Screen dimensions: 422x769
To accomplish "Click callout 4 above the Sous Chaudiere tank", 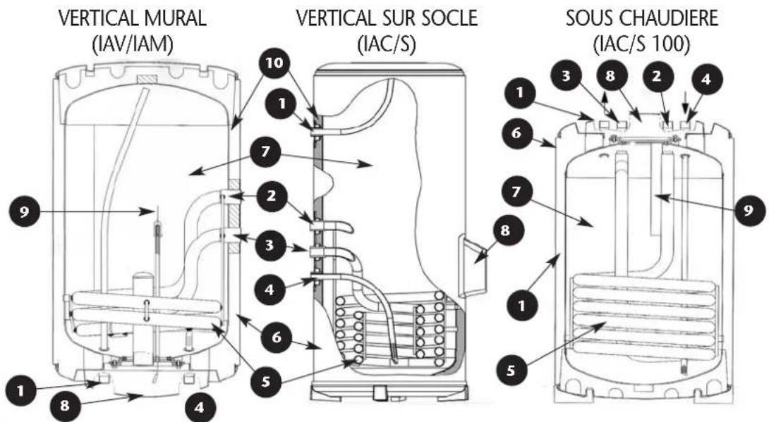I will (x=706, y=78).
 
